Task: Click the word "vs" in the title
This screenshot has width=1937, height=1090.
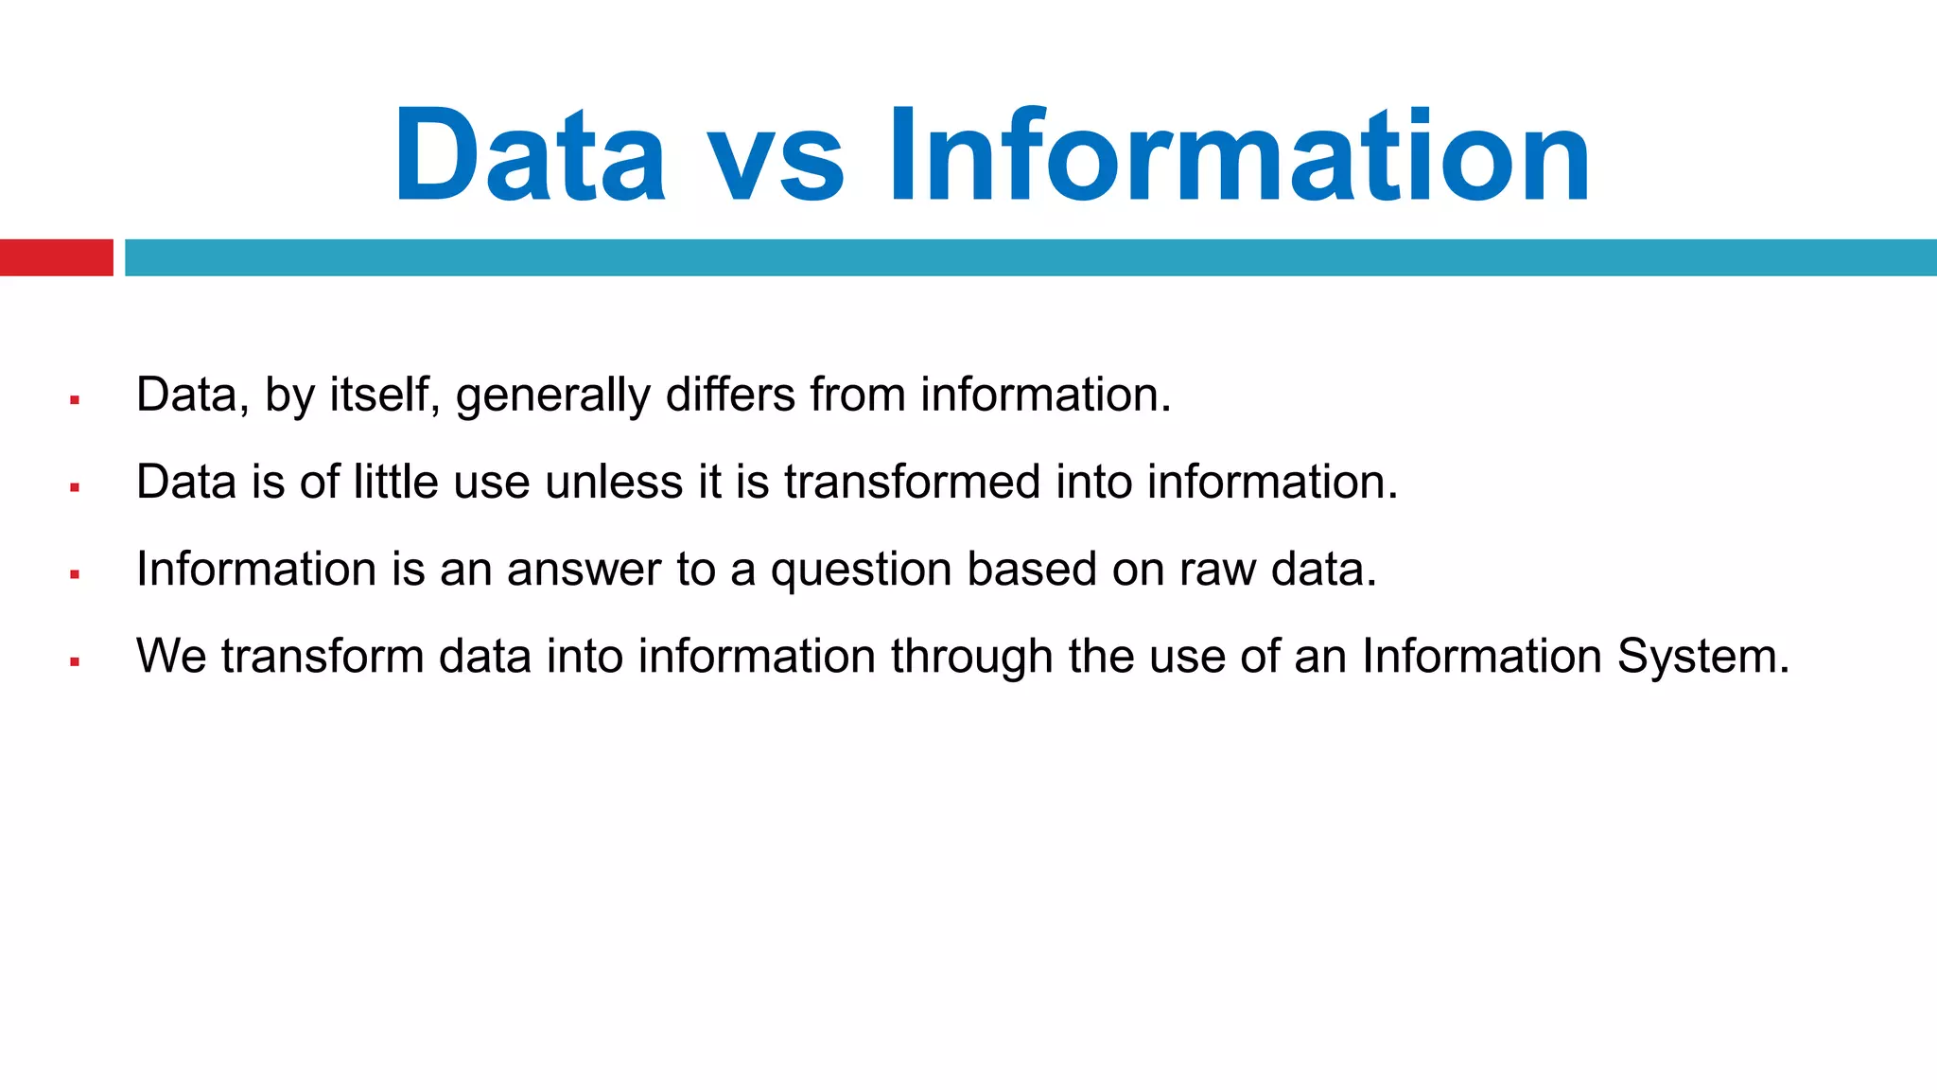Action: pos(776,157)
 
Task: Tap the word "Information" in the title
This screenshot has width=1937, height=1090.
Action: pos(1239,155)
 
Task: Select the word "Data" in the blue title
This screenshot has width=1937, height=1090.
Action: pos(530,155)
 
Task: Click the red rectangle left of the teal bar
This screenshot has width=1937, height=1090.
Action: pos(56,257)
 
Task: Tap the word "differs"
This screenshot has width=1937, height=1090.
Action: pos(730,395)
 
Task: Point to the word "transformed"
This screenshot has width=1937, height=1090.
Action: pos(912,482)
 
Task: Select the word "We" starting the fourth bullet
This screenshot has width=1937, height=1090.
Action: pos(171,657)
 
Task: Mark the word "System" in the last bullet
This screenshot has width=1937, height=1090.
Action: pos(1702,657)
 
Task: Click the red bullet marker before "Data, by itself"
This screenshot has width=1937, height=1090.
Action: pos(75,401)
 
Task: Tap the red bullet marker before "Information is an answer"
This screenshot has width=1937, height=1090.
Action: pos(75,575)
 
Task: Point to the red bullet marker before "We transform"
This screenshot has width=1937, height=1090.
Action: pos(75,662)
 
